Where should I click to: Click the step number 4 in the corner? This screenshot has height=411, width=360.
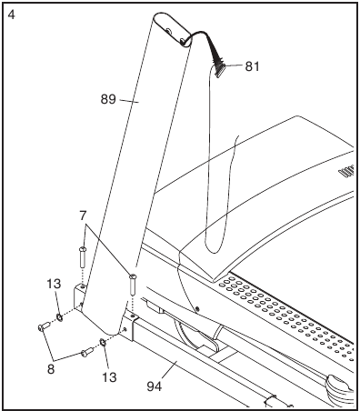point(10,12)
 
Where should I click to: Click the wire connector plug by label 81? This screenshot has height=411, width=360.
point(220,65)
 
